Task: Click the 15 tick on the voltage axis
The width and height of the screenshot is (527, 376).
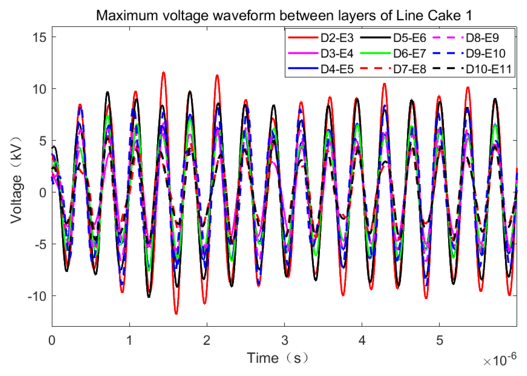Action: (x=40, y=37)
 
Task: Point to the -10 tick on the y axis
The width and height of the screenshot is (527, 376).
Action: (x=37, y=296)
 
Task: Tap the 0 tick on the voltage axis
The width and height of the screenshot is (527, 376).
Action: (x=43, y=193)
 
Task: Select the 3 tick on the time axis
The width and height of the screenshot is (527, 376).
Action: (x=284, y=341)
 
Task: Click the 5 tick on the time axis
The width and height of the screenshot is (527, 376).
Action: (x=439, y=341)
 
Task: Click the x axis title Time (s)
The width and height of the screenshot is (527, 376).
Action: (x=278, y=358)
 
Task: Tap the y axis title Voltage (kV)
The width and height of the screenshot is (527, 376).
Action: (x=16, y=180)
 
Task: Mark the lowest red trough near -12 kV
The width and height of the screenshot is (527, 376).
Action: (x=176, y=313)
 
